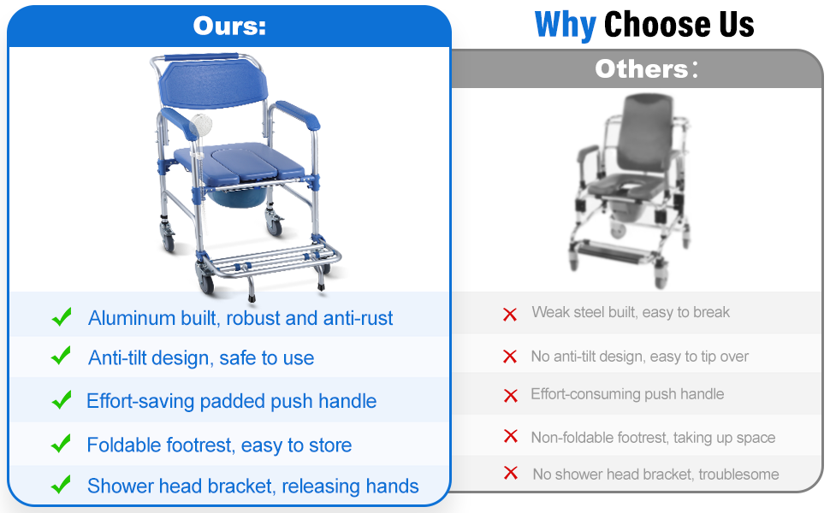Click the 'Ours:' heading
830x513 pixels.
click(x=229, y=26)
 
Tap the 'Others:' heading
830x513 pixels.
click(x=646, y=68)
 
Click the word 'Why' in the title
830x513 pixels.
click(x=566, y=25)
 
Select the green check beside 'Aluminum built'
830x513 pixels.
click(x=62, y=317)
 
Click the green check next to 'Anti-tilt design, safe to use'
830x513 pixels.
click(x=62, y=356)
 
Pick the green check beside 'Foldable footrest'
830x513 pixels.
click(x=62, y=444)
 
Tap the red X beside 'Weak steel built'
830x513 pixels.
click(x=510, y=315)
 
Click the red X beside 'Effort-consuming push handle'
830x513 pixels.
click(x=511, y=396)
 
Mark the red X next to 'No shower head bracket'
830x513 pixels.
click(x=511, y=473)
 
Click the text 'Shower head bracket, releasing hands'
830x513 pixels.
click(x=253, y=486)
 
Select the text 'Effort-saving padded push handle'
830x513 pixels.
click(x=231, y=401)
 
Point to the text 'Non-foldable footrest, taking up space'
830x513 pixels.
click(x=653, y=438)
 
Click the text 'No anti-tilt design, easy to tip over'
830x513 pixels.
click(x=639, y=357)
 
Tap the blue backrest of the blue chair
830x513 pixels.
click(x=213, y=83)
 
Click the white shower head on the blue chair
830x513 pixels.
click(x=200, y=126)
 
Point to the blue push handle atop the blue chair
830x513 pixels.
click(x=202, y=56)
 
